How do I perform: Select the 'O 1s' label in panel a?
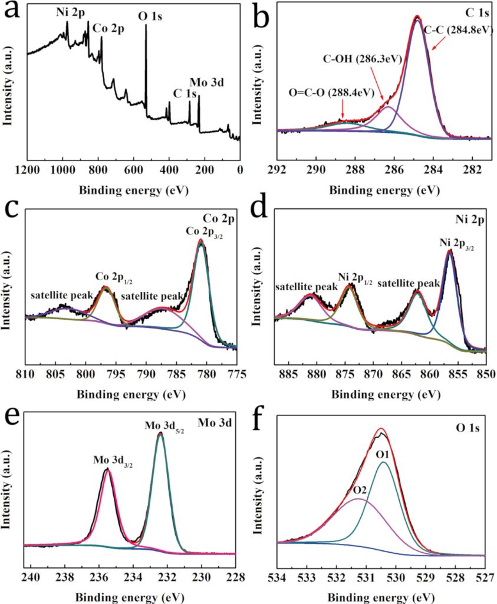point(150,17)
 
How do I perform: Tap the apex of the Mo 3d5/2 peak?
point(160,434)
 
